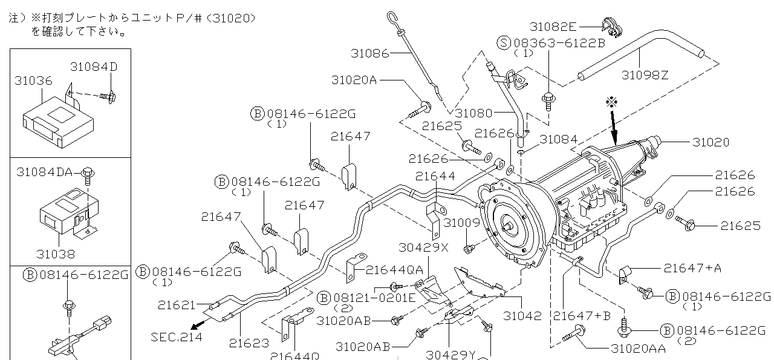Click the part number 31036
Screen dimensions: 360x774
(x=33, y=80)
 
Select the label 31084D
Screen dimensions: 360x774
(x=94, y=66)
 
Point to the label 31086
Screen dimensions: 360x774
(x=369, y=53)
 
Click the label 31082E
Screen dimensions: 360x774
(x=554, y=26)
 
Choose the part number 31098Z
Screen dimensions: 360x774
(x=645, y=75)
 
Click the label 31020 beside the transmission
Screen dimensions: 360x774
(x=711, y=142)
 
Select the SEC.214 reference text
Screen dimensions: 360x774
(x=176, y=336)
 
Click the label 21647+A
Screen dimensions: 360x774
(x=692, y=267)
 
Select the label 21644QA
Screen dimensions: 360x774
(x=394, y=269)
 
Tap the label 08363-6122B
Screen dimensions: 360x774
(x=559, y=42)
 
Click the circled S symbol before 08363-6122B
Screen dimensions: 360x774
(x=504, y=42)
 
